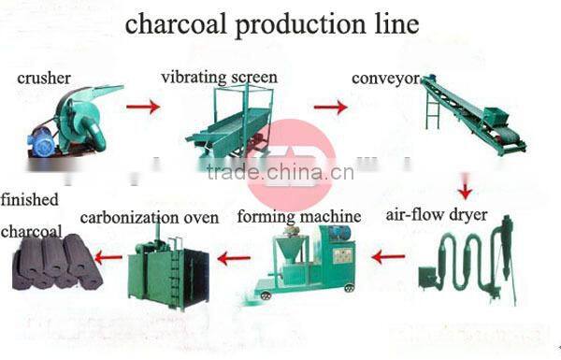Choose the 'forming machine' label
point(299,216)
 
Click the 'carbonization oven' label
point(150,218)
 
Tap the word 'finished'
point(30,199)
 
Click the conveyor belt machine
point(471,117)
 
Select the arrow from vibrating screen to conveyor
point(330,108)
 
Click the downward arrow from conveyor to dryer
point(465,189)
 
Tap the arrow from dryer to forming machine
point(388,255)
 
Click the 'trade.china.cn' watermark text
point(280,172)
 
